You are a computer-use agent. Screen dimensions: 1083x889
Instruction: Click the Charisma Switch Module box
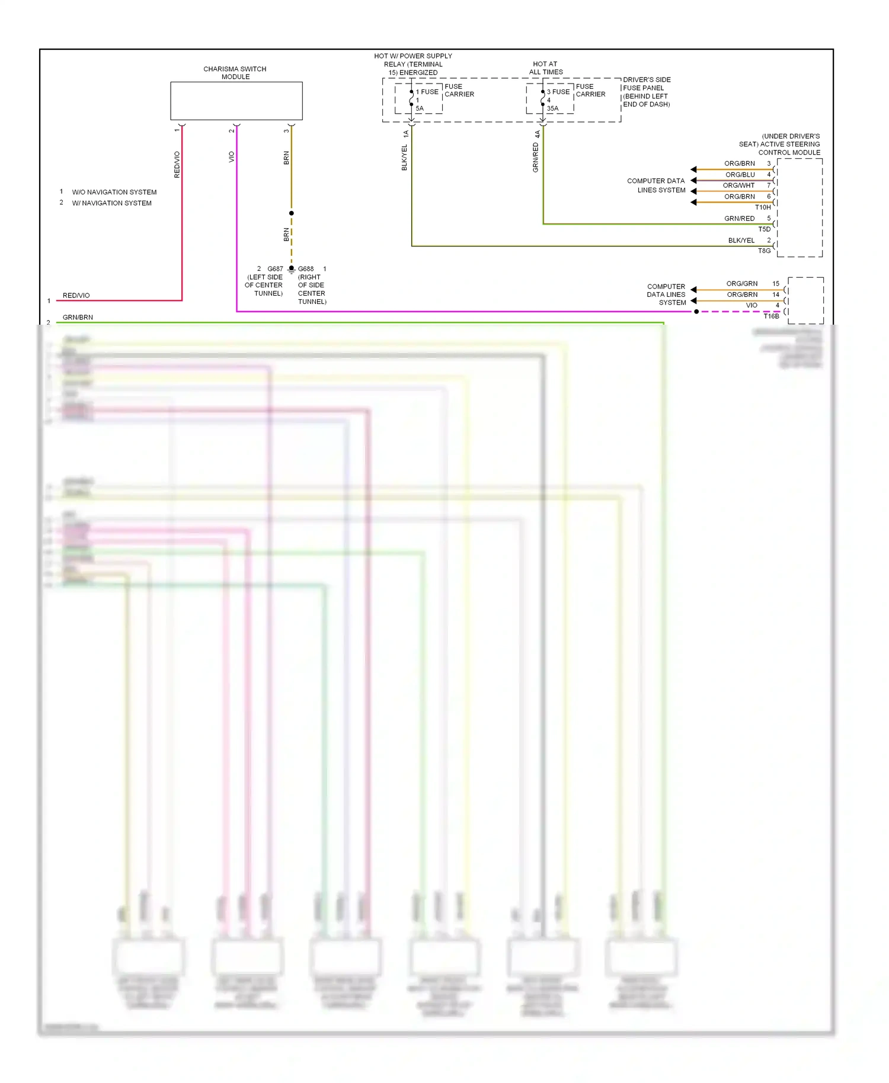click(236, 101)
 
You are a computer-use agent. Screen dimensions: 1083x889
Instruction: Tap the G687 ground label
click(275, 269)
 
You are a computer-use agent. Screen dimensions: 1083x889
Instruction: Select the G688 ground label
click(306, 269)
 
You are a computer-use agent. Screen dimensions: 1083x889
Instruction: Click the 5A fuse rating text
click(420, 108)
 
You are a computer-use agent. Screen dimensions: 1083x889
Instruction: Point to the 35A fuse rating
click(552, 108)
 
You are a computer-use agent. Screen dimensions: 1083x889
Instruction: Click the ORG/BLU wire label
click(740, 175)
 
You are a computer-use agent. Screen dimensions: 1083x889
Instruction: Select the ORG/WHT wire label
click(738, 185)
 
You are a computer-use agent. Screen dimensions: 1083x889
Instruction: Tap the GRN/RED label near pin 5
click(739, 219)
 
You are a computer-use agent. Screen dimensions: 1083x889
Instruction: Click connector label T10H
click(763, 207)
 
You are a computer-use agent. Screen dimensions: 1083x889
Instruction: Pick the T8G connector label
click(765, 251)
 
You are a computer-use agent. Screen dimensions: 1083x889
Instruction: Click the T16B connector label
click(771, 316)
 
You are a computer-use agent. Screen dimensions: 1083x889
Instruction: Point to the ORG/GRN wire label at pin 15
click(742, 284)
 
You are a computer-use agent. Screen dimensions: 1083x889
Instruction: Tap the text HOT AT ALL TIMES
click(545, 68)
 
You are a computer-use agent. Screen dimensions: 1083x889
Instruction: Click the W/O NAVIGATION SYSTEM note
click(114, 193)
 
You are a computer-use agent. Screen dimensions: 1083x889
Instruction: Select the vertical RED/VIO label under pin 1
click(177, 165)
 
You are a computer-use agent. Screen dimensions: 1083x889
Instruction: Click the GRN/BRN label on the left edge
click(78, 318)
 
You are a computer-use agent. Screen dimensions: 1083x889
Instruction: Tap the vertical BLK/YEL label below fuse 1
click(405, 158)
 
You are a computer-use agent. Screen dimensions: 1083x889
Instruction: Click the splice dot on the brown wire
click(292, 213)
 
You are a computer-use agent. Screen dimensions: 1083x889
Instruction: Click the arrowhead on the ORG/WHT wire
click(693, 191)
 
